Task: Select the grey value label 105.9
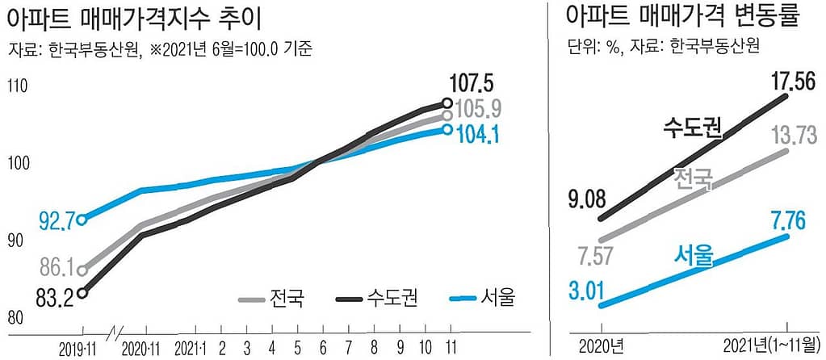pos(479,108)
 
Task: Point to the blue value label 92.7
pos(56,219)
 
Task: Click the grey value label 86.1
pos(56,267)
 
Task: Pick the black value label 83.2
pos(55,297)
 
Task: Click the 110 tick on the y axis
pos(19,84)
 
